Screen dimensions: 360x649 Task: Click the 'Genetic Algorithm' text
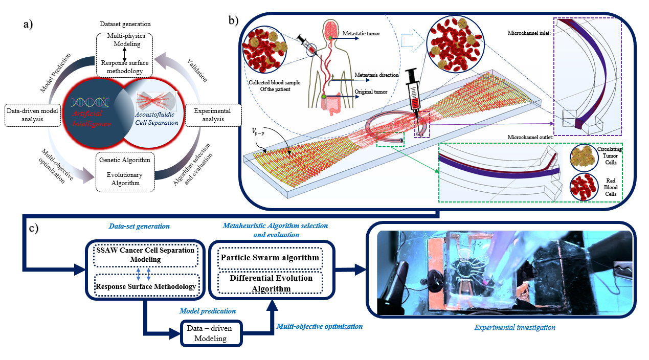click(x=124, y=160)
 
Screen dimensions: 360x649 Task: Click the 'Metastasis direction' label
click(x=377, y=75)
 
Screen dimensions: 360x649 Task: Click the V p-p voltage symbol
click(x=261, y=133)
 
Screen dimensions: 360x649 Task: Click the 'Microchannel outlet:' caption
click(x=530, y=137)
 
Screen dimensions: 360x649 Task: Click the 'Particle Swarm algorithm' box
click(x=270, y=257)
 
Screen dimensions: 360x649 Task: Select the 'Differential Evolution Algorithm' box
click(x=270, y=284)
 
